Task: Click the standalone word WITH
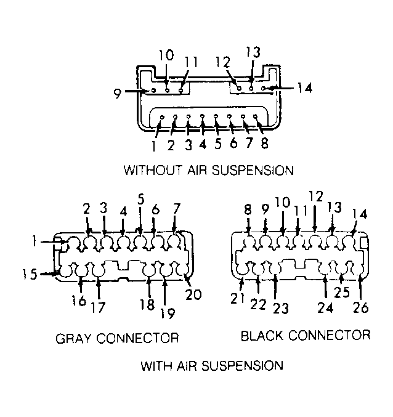click(156, 366)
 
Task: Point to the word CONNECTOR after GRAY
click(137, 338)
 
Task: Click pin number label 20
click(193, 294)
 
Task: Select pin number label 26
click(361, 308)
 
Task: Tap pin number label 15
click(30, 274)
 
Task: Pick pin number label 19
click(168, 314)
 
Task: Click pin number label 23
click(281, 309)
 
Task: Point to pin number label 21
click(237, 299)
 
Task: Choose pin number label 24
click(325, 308)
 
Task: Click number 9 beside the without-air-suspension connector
click(118, 94)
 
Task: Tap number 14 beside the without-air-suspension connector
click(305, 87)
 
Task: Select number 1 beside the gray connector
click(34, 241)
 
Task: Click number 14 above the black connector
click(360, 214)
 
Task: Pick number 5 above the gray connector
click(141, 200)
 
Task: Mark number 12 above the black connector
click(316, 196)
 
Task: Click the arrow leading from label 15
click(49, 273)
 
